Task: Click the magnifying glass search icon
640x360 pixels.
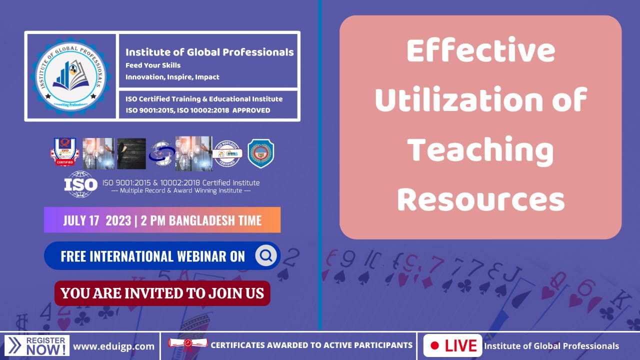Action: (x=266, y=256)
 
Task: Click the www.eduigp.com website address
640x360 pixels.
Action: (x=113, y=346)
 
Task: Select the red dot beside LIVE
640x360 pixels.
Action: (x=434, y=345)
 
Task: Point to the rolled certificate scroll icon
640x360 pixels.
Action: (x=187, y=344)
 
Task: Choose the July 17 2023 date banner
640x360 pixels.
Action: (x=162, y=220)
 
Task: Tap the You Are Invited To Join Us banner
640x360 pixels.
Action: (x=162, y=293)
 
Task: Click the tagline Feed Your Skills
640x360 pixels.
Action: (x=153, y=65)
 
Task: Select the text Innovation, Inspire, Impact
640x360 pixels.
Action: (x=172, y=77)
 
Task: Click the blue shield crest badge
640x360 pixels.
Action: (x=260, y=153)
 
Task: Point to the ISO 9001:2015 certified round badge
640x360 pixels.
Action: (x=227, y=153)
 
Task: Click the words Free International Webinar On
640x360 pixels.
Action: (x=153, y=256)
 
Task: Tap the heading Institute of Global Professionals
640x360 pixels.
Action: (x=209, y=52)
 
